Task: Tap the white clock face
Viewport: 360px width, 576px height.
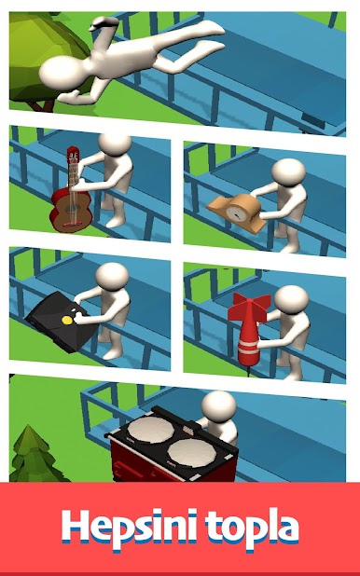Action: [x=235, y=213]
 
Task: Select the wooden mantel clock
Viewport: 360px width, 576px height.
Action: [x=237, y=213]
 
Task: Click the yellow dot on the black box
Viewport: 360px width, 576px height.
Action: [x=67, y=320]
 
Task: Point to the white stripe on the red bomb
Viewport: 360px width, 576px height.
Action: [x=248, y=347]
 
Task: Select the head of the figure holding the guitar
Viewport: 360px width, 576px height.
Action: [x=115, y=144]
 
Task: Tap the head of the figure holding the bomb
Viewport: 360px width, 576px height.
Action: [x=291, y=300]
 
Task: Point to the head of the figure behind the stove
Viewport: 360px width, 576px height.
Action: [x=219, y=405]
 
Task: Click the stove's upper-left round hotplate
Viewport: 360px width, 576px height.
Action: [x=150, y=429]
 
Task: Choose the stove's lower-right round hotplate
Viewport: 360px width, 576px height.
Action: [x=192, y=452]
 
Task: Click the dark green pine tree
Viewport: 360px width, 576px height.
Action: [x=35, y=456]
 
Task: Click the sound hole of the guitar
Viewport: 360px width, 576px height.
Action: [x=70, y=210]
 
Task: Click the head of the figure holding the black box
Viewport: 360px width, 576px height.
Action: [x=112, y=277]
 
